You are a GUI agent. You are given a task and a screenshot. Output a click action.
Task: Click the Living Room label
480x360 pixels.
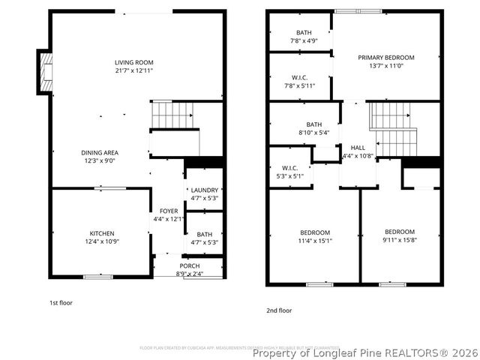pos(133,66)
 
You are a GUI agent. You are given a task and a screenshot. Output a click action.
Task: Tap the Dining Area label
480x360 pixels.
pos(100,156)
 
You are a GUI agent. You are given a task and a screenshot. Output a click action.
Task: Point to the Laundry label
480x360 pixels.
pos(204,194)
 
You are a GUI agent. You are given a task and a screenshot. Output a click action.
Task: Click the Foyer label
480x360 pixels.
pos(168,215)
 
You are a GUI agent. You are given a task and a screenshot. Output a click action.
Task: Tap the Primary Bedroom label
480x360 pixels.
pos(385,61)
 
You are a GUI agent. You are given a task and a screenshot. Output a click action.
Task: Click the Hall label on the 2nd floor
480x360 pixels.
pos(358,152)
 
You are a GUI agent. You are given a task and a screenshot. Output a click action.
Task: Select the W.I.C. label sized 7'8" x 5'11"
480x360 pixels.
pos(298,82)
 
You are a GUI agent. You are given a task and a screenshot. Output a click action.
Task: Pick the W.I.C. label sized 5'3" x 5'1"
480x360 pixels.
pos(290,172)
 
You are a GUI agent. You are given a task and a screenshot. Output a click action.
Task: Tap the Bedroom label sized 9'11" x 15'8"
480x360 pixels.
pos(400,236)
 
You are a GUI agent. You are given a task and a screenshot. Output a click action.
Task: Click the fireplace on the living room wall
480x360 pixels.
pos(46,73)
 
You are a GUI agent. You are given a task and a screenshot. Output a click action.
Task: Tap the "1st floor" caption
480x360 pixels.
pos(59,302)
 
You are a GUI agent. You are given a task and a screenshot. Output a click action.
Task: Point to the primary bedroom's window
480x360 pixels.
pos(358,11)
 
